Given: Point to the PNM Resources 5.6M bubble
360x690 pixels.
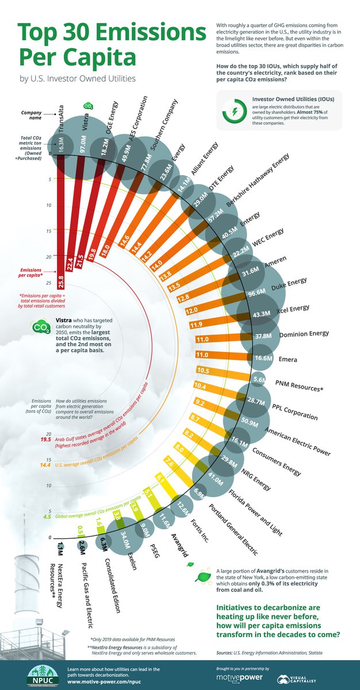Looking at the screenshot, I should (x=259, y=379).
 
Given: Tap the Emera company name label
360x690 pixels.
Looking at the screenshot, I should (x=288, y=359).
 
